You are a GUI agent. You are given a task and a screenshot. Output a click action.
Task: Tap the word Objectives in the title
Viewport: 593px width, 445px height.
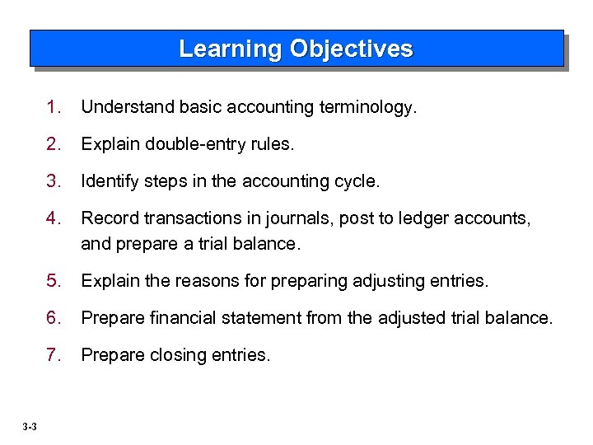click(x=351, y=49)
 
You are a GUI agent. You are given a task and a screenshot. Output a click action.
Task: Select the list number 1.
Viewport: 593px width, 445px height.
click(x=54, y=107)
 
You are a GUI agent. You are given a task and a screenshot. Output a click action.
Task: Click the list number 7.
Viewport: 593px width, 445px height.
click(x=54, y=355)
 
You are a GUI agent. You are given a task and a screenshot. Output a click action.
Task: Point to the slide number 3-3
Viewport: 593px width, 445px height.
click(x=30, y=426)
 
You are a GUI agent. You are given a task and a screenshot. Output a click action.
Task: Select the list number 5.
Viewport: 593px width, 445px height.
click(x=54, y=281)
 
